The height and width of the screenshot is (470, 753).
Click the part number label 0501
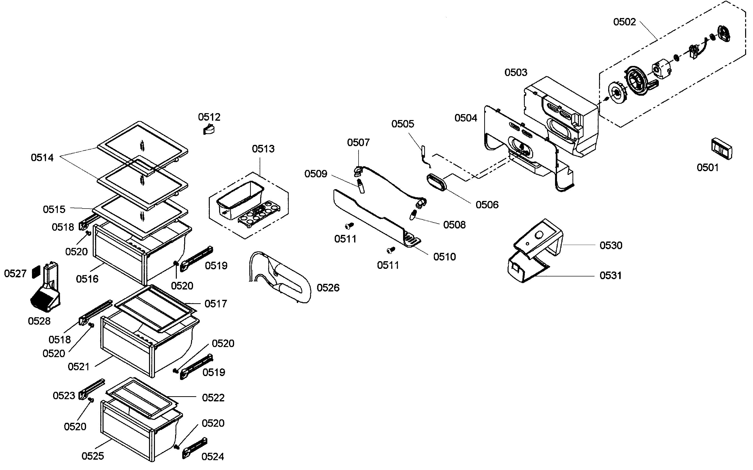click(x=708, y=167)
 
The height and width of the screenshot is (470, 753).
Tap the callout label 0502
click(x=624, y=22)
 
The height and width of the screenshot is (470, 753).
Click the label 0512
click(x=209, y=117)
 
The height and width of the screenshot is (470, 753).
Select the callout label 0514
click(x=42, y=158)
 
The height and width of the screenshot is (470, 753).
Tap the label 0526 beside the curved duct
click(x=328, y=288)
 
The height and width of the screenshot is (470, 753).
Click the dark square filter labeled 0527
click(x=36, y=272)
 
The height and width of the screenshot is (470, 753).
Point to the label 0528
click(x=39, y=321)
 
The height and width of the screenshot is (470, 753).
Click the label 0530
click(x=611, y=245)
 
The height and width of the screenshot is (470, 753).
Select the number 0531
click(x=610, y=275)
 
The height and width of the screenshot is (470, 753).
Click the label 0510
click(x=444, y=257)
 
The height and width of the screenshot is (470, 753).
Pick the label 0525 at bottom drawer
click(x=93, y=456)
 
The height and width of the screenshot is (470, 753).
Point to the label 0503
click(x=516, y=72)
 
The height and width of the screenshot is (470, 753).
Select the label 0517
click(x=216, y=304)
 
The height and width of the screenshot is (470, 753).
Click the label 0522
click(x=213, y=398)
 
